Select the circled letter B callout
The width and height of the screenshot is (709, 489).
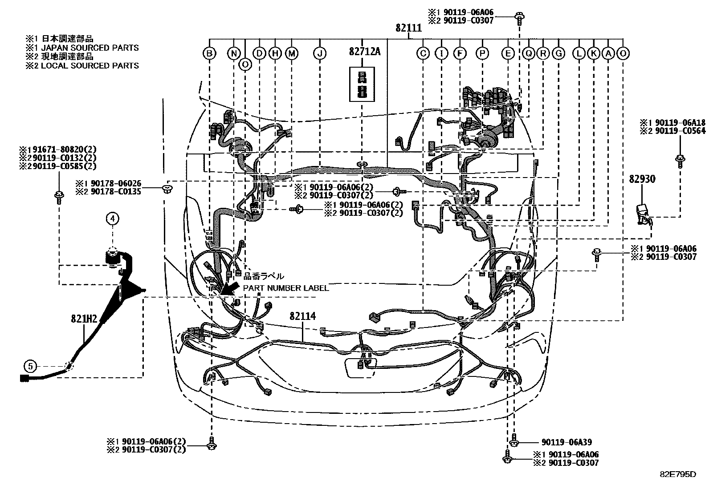pos(209,53)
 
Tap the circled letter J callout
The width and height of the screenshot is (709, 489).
pos(319,53)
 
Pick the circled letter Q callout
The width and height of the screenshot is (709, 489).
pos(529,53)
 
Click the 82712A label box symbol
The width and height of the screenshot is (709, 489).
pos(362,84)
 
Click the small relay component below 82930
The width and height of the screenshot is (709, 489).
pos(643,213)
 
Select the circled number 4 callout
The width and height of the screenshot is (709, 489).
pos(113,218)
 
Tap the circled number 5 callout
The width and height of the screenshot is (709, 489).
pos(30,366)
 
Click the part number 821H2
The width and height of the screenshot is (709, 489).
pos(84,319)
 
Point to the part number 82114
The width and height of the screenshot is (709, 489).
pos(302,316)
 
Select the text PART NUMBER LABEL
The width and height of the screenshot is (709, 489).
pos(285,288)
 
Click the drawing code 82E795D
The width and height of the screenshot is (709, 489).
pos(677,474)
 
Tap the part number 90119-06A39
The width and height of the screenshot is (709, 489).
pos(566,442)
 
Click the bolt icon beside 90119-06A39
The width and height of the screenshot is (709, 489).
pos(514,442)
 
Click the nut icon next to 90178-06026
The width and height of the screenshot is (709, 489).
pos(168,188)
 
